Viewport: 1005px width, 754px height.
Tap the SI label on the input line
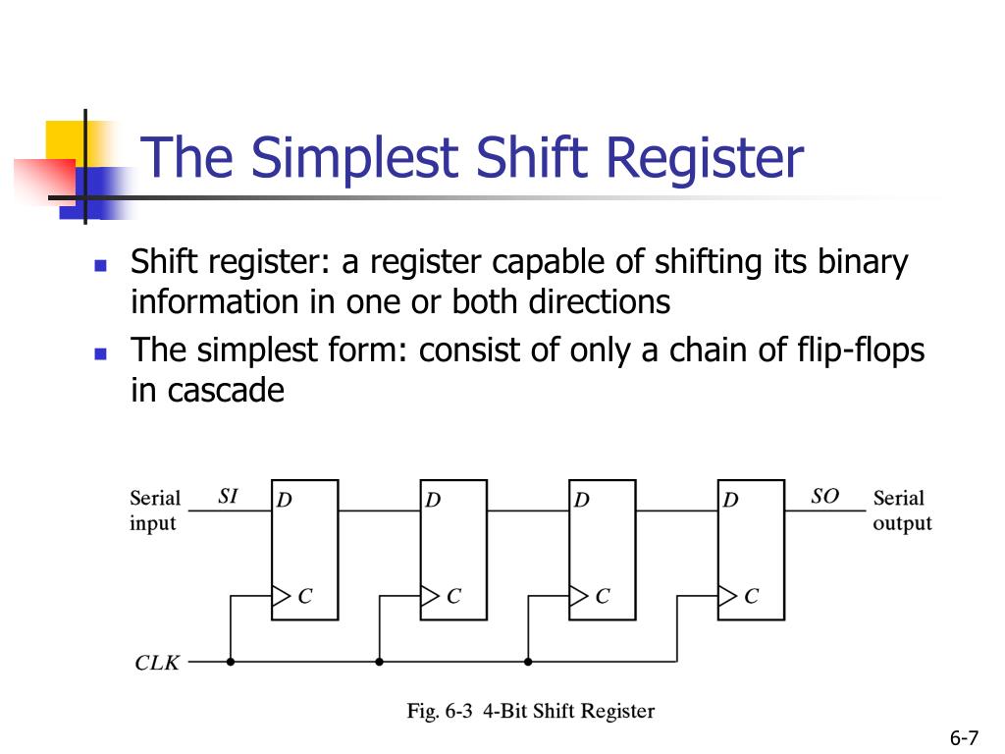point(228,497)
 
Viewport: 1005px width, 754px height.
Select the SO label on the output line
point(824,497)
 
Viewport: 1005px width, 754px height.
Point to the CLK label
point(157,663)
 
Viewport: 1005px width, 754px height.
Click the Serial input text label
point(154,511)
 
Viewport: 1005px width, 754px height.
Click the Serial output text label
point(902,511)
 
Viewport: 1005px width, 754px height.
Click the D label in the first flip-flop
point(285,501)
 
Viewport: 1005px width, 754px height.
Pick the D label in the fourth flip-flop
point(731,501)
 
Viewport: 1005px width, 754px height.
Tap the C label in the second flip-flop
point(453,596)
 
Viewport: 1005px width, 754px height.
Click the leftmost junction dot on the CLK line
point(231,662)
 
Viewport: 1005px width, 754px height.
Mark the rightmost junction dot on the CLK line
point(528,662)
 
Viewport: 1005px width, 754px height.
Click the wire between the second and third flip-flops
point(528,512)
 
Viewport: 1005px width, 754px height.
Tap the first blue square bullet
point(100,265)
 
